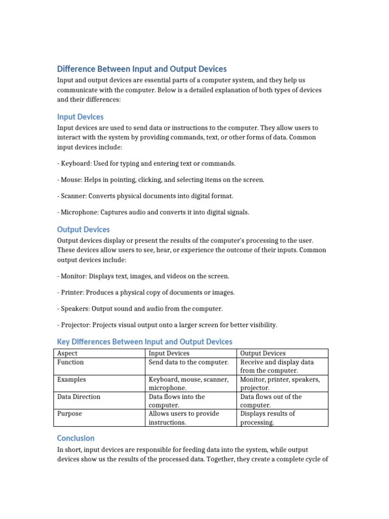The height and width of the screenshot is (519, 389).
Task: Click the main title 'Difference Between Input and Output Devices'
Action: tap(142, 69)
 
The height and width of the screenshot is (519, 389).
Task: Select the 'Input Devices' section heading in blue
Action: tap(80, 117)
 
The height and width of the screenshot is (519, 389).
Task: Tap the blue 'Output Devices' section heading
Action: tap(83, 230)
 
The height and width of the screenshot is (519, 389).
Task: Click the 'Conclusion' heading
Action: tap(75, 438)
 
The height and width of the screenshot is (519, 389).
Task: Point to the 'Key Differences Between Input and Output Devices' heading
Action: tap(145, 342)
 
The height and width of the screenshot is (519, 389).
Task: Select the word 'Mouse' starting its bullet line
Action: tap(70, 180)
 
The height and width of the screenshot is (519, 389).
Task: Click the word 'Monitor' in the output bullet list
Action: tap(73, 276)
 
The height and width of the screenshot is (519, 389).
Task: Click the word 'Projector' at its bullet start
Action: tap(75, 325)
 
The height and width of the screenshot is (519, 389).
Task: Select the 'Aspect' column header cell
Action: tap(67, 353)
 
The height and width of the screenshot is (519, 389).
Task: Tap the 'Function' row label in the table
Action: tap(70, 362)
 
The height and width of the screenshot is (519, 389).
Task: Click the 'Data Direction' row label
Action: tap(79, 397)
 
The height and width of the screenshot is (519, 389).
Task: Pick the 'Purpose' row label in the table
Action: tap(70, 414)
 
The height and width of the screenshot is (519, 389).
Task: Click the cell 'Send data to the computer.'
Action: tap(188, 362)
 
